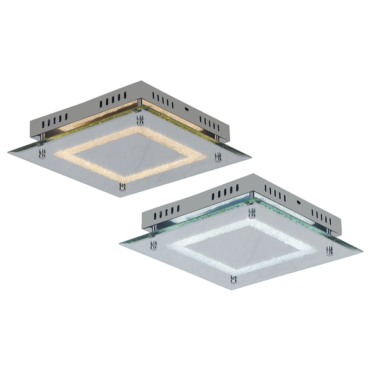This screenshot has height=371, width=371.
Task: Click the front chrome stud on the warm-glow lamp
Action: pyautogui.click(x=122, y=185)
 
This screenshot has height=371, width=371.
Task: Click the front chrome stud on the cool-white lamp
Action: pyautogui.click(x=234, y=279)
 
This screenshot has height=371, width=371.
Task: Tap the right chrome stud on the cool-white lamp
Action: pyautogui.click(x=330, y=250)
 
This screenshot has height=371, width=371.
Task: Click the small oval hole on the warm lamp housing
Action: pyautogui.click(x=186, y=106)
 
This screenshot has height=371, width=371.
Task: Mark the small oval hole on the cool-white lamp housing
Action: pyautogui.click(x=299, y=201)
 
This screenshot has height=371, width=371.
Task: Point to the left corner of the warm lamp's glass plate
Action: pyautogui.click(x=8, y=151)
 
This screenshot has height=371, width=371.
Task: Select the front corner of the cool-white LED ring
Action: pyautogui.click(x=234, y=273)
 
